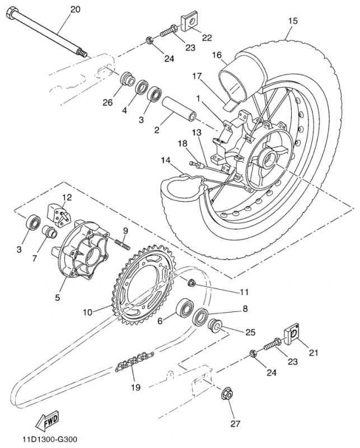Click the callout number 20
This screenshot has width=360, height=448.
point(75,9)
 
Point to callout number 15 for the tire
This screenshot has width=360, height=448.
point(292,21)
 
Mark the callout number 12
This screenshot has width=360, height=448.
point(67,197)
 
